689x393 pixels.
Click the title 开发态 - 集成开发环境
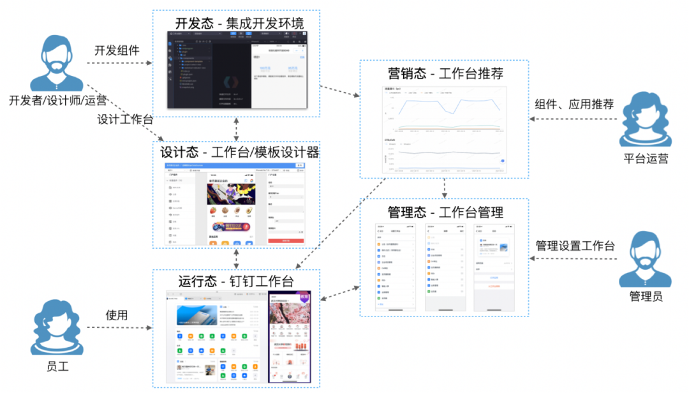tap(239, 24)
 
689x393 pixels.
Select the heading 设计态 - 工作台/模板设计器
tap(239, 152)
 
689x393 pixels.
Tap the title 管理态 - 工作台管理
tap(445, 211)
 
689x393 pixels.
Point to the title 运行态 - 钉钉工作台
tap(236, 281)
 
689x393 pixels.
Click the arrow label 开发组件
tap(117, 50)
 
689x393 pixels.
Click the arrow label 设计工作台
tap(126, 119)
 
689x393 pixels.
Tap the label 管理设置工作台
tap(575, 245)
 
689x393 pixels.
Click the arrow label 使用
tap(117, 315)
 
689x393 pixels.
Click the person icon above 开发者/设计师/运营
tap(57, 64)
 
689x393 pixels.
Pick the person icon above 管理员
tap(645, 261)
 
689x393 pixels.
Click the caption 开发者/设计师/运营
tap(57, 100)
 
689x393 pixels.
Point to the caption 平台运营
tap(645, 158)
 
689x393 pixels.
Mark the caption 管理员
tap(645, 297)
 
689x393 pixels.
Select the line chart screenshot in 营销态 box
tap(445, 129)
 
